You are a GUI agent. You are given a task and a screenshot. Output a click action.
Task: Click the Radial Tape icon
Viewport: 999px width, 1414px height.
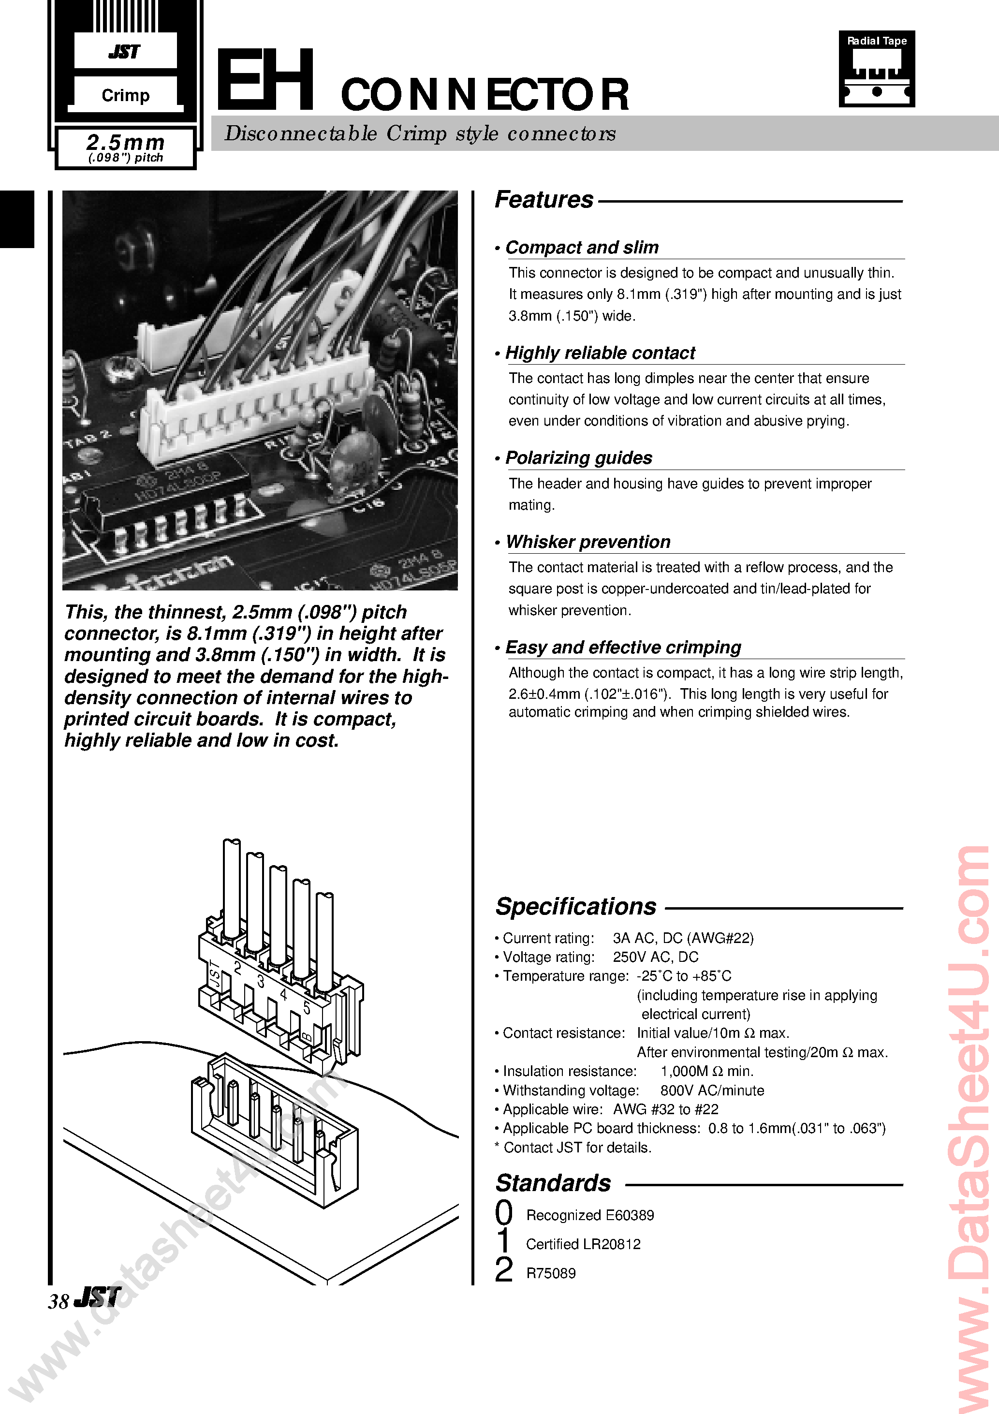click(x=877, y=69)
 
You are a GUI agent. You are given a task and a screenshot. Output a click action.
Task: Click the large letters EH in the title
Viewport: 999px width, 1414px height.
click(x=265, y=81)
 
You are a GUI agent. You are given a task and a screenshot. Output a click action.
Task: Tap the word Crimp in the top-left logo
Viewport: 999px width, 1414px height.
click(x=126, y=95)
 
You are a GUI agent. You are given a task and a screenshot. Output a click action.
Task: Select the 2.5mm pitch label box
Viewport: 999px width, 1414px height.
click(x=126, y=148)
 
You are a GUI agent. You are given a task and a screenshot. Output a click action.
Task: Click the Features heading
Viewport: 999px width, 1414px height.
click(x=544, y=200)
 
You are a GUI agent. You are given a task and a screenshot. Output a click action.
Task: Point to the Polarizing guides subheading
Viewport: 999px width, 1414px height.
click(x=578, y=457)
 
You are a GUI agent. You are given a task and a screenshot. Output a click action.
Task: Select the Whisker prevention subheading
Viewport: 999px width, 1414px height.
click(x=588, y=542)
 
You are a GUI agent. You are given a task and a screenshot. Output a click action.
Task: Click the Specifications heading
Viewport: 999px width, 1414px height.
click(x=576, y=907)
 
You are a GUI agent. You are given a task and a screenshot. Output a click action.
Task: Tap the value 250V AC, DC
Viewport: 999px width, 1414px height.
click(x=655, y=957)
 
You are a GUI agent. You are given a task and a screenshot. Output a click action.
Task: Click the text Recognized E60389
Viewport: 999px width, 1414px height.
click(x=589, y=1215)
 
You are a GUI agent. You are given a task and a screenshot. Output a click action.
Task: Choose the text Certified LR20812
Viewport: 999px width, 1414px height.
click(x=583, y=1244)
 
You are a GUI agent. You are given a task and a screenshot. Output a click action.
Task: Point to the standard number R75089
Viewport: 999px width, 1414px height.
click(x=551, y=1273)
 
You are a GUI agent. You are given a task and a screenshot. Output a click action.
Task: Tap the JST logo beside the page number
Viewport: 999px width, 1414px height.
click(x=97, y=1297)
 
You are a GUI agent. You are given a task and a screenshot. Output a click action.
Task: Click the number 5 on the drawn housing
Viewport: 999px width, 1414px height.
click(x=307, y=1007)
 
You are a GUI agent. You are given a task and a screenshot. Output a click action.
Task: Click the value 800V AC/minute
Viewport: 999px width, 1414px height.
click(x=712, y=1090)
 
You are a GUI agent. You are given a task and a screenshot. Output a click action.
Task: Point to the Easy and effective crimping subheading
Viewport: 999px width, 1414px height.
click(x=623, y=647)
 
